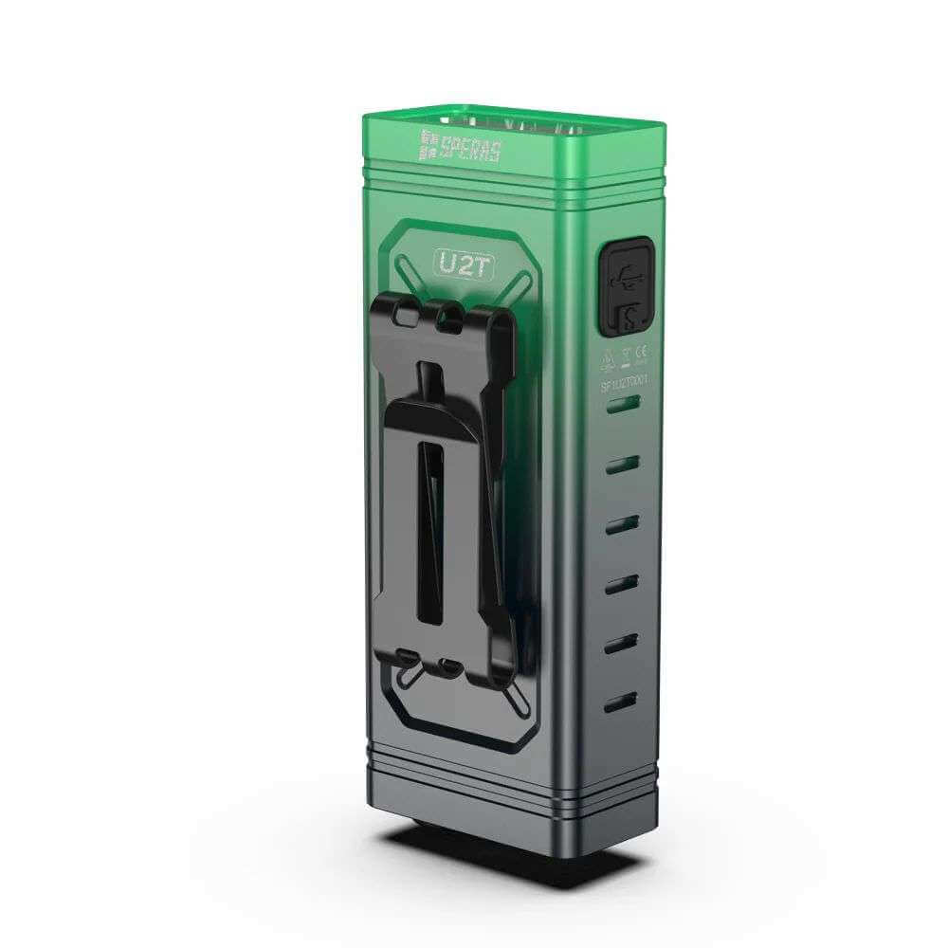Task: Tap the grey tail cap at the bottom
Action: click(512, 796)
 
